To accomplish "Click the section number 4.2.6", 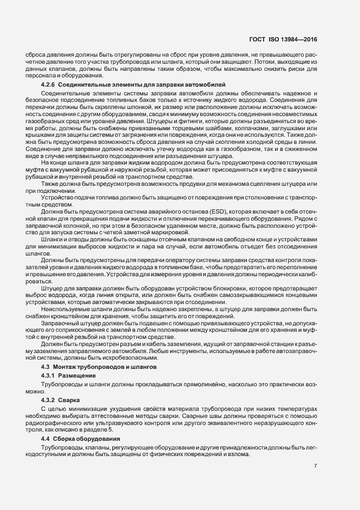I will pos(48,85).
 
